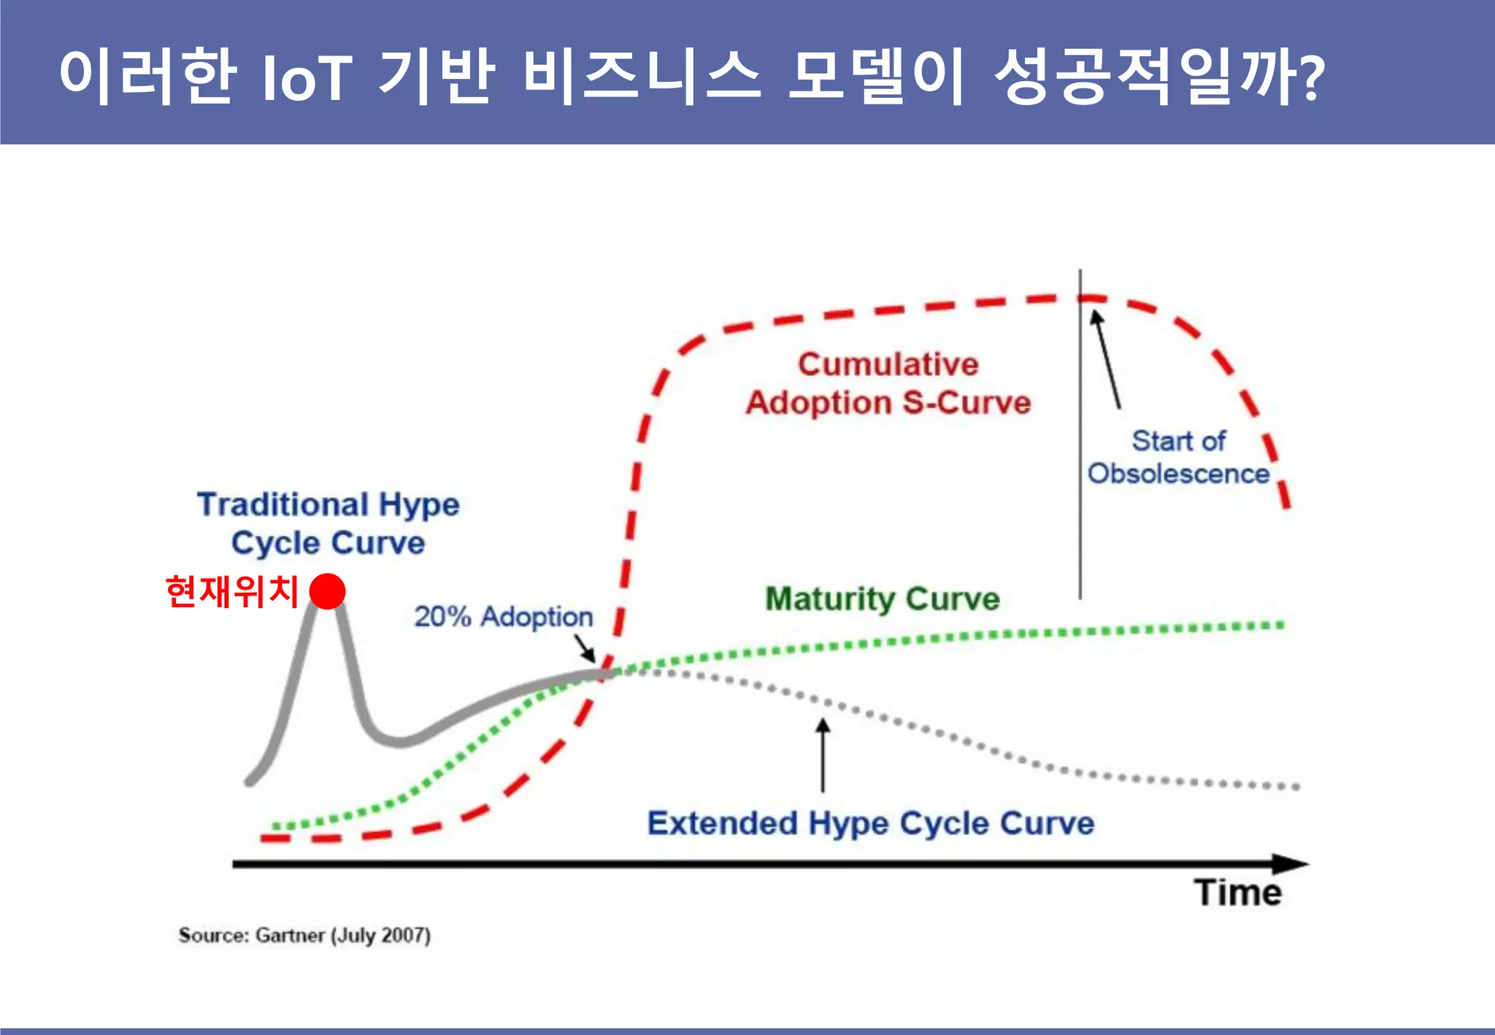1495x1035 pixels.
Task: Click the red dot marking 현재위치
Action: click(x=327, y=590)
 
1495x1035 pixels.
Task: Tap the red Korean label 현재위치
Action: click(x=232, y=591)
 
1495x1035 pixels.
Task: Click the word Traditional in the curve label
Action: click(x=282, y=504)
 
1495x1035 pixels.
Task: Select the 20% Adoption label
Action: click(x=503, y=617)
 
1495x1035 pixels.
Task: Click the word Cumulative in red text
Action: click(x=888, y=364)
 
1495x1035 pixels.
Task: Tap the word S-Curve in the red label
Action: click(x=966, y=403)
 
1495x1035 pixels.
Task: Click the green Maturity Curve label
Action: click(x=882, y=599)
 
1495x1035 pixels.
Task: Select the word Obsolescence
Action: click(x=1178, y=474)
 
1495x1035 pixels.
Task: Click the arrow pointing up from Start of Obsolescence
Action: click(x=1106, y=358)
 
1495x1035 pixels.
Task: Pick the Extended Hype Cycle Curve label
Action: click(x=870, y=823)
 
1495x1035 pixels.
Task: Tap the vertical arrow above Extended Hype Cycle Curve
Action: click(x=823, y=755)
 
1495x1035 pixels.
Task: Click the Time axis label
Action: click(x=1237, y=893)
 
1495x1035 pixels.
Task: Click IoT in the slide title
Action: click(x=307, y=77)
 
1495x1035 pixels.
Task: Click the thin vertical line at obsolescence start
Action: click(x=1080, y=474)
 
